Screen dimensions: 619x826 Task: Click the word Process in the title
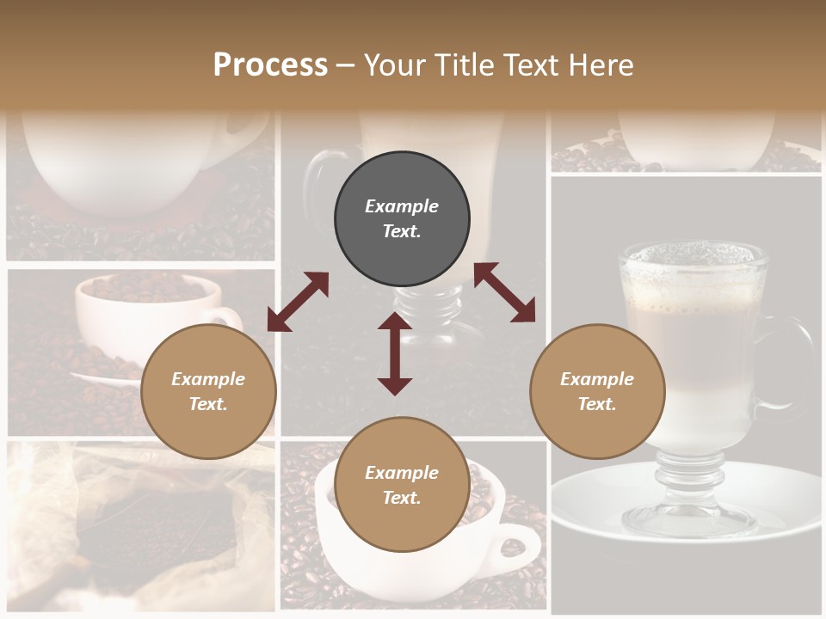pyautogui.click(x=270, y=65)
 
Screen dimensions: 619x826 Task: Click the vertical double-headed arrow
pyautogui.click(x=395, y=353)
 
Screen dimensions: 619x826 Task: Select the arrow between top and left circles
pyautogui.click(x=298, y=302)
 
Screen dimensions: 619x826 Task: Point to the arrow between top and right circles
pyautogui.click(x=504, y=293)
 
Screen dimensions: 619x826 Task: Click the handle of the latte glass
pyautogui.click(x=796, y=361)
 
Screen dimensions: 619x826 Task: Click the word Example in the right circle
pyautogui.click(x=597, y=379)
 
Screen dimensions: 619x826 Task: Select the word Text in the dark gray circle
pyautogui.click(x=401, y=231)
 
